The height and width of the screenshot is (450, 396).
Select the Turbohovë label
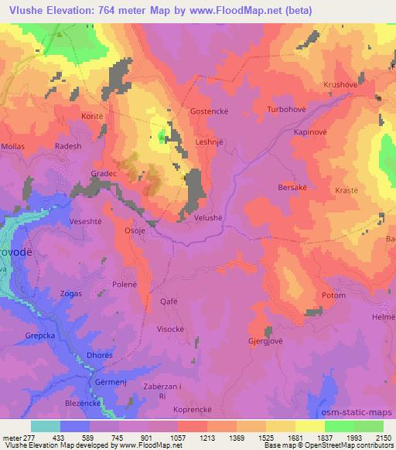(x=286, y=111)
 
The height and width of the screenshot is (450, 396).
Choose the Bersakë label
(x=292, y=187)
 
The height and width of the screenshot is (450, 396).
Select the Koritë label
(x=92, y=116)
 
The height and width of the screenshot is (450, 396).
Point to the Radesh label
(x=68, y=145)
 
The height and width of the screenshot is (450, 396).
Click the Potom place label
(x=333, y=297)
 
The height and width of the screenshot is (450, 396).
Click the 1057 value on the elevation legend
(x=178, y=437)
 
